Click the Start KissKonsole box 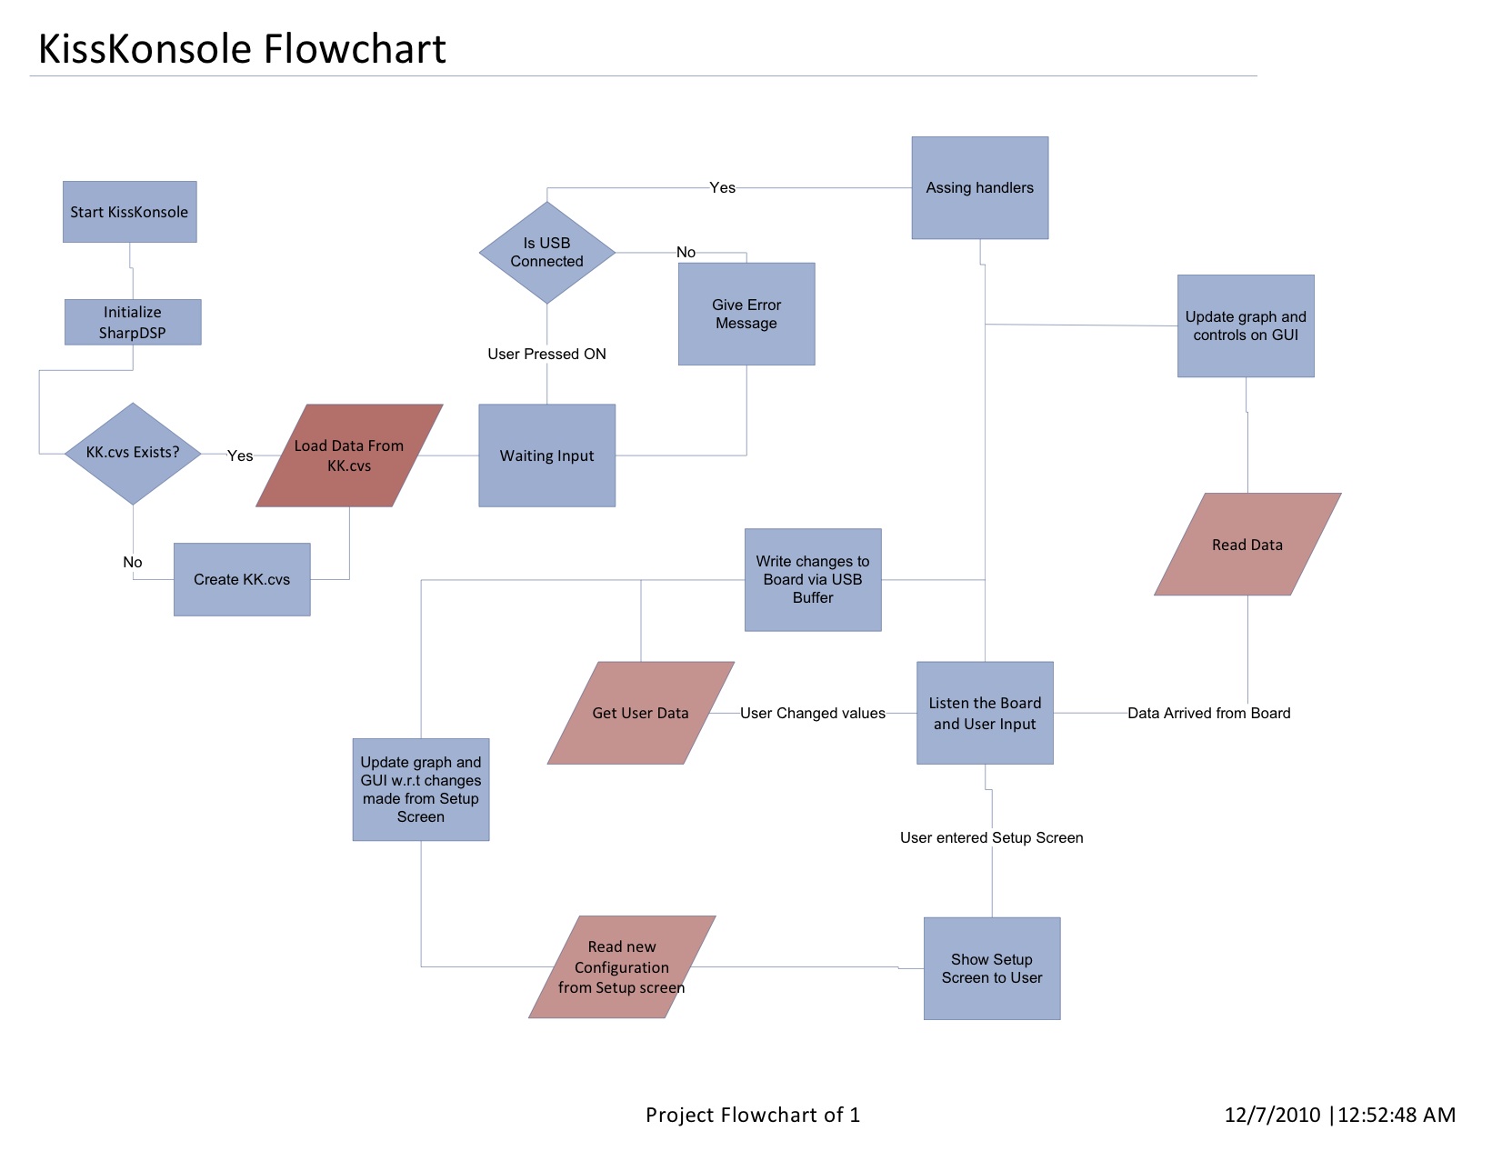pyautogui.click(x=129, y=212)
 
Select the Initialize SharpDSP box pyautogui.click(x=133, y=322)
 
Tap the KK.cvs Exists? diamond pyautogui.click(x=133, y=453)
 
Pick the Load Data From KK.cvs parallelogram pyautogui.click(x=349, y=455)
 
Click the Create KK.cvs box pyautogui.click(x=242, y=579)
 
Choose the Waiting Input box pyautogui.click(x=546, y=455)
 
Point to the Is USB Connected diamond pyautogui.click(x=546, y=252)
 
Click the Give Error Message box pyautogui.click(x=746, y=314)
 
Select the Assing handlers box pyautogui.click(x=979, y=188)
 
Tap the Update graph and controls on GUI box pyautogui.click(x=1246, y=325)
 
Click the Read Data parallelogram pyautogui.click(x=1247, y=545)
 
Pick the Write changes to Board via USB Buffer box pyautogui.click(x=813, y=579)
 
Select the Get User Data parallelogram pyautogui.click(x=640, y=713)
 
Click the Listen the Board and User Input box pyautogui.click(x=985, y=713)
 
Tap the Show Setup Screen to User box pyautogui.click(x=992, y=968)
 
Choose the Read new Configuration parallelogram pyautogui.click(x=622, y=967)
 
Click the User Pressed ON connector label pyautogui.click(x=546, y=354)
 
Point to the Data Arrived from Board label pyautogui.click(x=1208, y=713)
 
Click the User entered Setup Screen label pyautogui.click(x=991, y=837)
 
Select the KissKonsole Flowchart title pyautogui.click(x=242, y=49)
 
